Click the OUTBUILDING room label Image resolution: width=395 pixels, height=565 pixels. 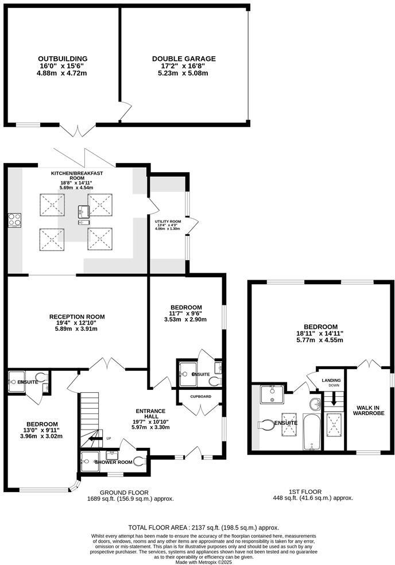pos(63,59)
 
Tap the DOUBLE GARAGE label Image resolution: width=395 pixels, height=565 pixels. pos(184,59)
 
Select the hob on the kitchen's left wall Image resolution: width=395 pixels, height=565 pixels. pos(14,220)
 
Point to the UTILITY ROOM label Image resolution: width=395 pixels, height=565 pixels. pos(168,221)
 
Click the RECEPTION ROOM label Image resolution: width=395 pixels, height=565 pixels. pos(77,316)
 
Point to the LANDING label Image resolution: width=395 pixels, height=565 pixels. pos(331,380)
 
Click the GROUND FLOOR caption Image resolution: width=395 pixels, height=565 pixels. pos(124,492)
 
